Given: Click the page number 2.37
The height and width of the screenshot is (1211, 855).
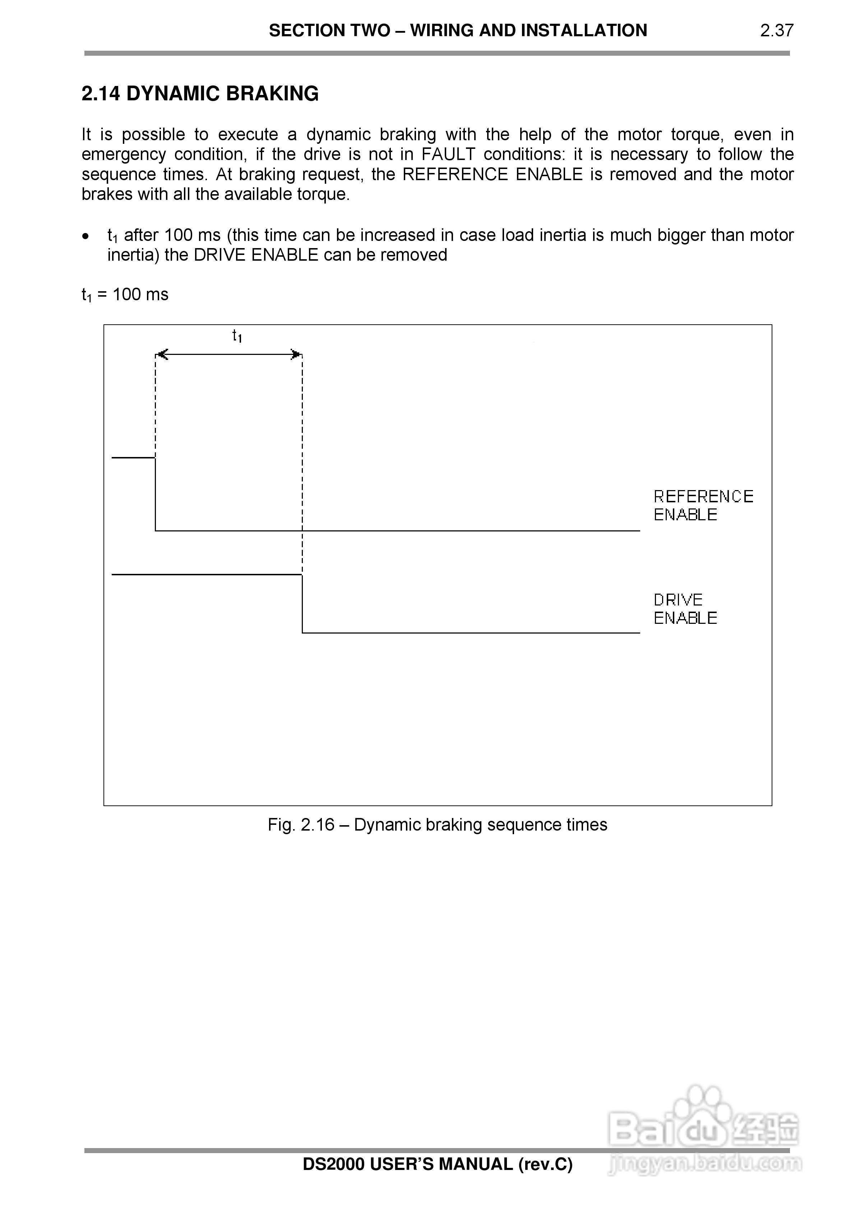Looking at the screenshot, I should pyautogui.click(x=776, y=31).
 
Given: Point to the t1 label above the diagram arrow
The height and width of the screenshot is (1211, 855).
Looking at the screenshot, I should pyautogui.click(x=237, y=336).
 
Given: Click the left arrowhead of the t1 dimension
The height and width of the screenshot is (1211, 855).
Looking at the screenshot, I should pyautogui.click(x=162, y=355).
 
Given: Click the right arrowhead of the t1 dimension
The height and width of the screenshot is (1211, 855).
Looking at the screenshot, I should pyautogui.click(x=296, y=355).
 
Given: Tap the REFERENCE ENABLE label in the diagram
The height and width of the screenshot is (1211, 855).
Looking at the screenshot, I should pyautogui.click(x=703, y=505).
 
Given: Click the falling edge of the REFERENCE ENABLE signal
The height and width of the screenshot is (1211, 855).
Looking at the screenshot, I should pyautogui.click(x=156, y=494).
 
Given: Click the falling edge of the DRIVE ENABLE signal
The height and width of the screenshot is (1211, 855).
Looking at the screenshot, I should pyautogui.click(x=302, y=604).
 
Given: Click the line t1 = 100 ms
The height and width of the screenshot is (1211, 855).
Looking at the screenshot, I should pyautogui.click(x=125, y=294).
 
